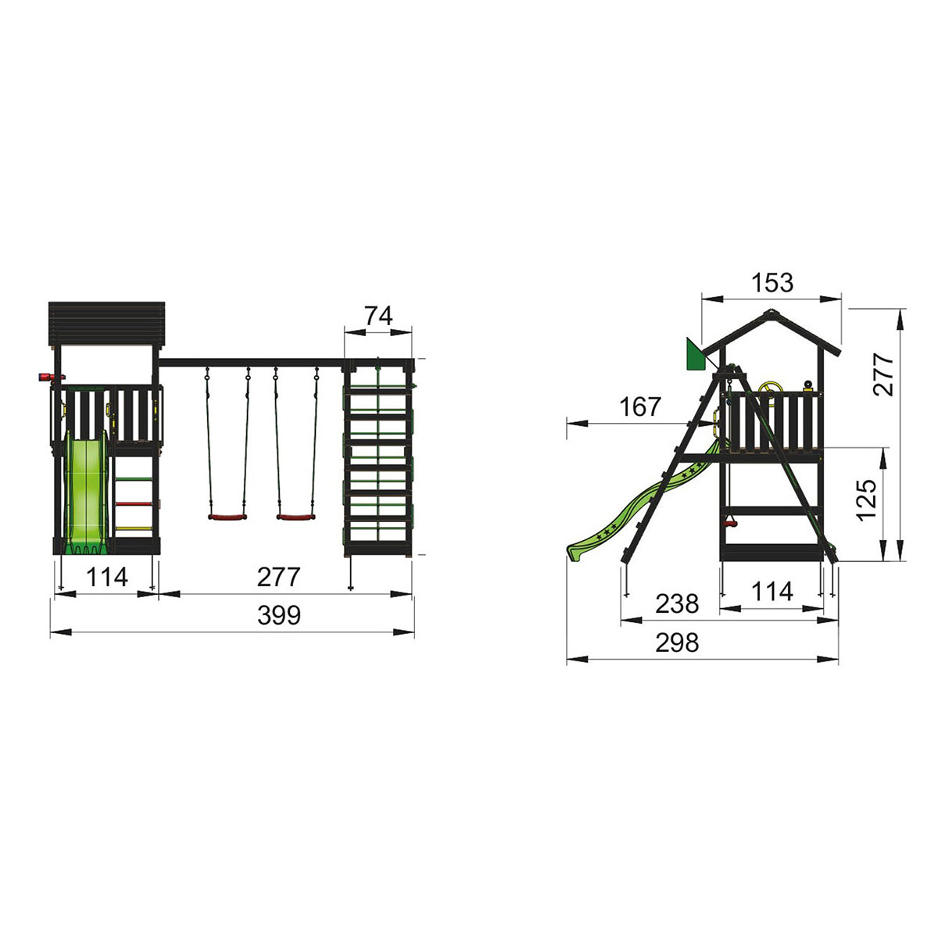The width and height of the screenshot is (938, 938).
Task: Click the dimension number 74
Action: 378,317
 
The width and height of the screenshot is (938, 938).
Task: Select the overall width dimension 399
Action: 279,615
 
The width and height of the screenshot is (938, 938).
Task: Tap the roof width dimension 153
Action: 772,283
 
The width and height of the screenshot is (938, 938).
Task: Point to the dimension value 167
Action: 640,406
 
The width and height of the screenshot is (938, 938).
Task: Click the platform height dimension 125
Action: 868,500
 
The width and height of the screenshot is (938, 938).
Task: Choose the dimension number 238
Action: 677,603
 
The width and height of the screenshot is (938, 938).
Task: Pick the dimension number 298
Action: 677,643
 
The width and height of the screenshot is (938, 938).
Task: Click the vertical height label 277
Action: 883,374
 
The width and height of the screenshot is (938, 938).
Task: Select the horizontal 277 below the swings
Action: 278,577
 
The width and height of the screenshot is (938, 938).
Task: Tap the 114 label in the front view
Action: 106,577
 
